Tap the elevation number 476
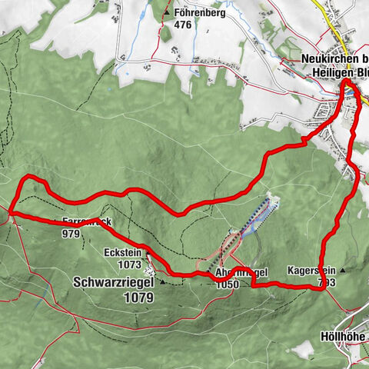coord(181,25)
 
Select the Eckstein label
coord(120,251)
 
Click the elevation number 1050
coord(228,284)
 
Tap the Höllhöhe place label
coord(343,337)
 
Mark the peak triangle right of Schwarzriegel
coord(162,282)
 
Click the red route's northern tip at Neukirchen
coord(346,81)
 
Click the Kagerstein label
coord(311,271)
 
